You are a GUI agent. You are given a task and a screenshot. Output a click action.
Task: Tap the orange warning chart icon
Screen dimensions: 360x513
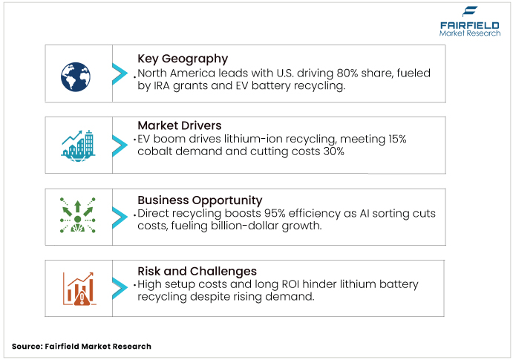pyautogui.click(x=76, y=288)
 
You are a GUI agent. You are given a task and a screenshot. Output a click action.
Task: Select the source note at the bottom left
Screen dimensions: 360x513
pyautogui.click(x=82, y=346)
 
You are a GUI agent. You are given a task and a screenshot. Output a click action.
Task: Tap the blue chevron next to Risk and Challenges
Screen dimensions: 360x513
pyautogui.click(x=120, y=288)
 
